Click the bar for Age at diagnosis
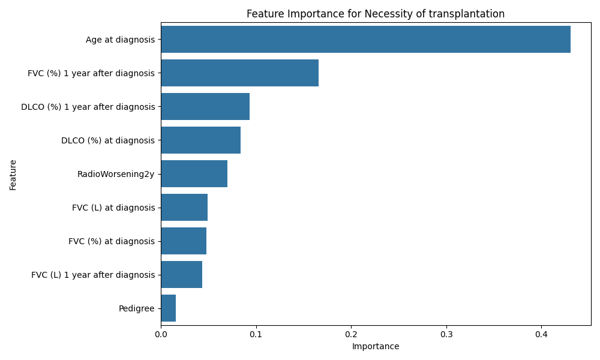(x=365, y=40)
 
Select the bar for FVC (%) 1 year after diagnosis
(x=239, y=73)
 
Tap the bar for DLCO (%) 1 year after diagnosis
(x=205, y=107)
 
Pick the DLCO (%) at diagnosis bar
(x=200, y=140)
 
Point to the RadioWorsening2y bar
(x=194, y=174)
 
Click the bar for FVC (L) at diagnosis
(x=184, y=208)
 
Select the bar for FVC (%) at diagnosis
(x=184, y=241)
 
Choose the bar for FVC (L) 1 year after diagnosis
(x=181, y=275)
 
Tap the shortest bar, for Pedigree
(x=168, y=308)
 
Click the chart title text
(x=376, y=14)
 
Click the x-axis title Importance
(x=376, y=347)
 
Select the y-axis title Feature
(x=13, y=175)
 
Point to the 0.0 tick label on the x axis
(x=161, y=334)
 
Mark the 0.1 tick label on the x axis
(x=256, y=334)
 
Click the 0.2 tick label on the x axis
(x=351, y=334)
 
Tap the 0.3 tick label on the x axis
(x=446, y=334)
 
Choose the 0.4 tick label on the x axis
(x=541, y=334)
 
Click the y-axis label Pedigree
(x=136, y=308)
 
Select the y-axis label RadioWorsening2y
(x=116, y=174)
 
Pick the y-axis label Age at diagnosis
(x=120, y=40)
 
